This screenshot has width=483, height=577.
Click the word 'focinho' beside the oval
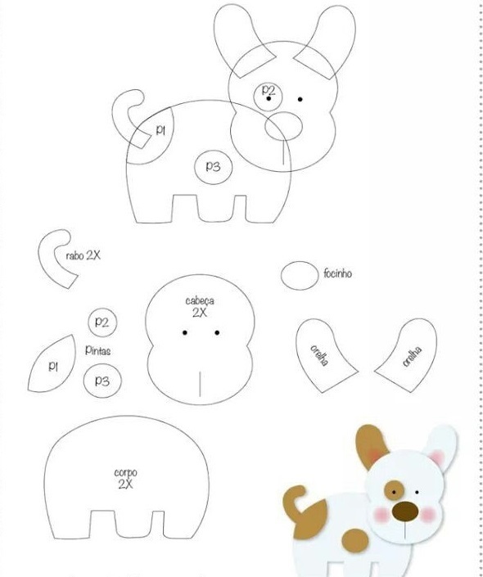coord(337,273)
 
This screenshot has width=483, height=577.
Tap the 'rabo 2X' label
coord(83,255)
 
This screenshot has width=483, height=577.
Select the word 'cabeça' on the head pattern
coord(200,301)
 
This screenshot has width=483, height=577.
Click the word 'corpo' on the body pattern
coord(125,472)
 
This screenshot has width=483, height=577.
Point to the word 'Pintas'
coord(97,350)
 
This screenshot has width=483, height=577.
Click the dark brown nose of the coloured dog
coord(405,512)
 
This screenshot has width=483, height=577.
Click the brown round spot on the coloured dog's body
coord(355,540)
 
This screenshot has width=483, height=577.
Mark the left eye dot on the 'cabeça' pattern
coord(185,332)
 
